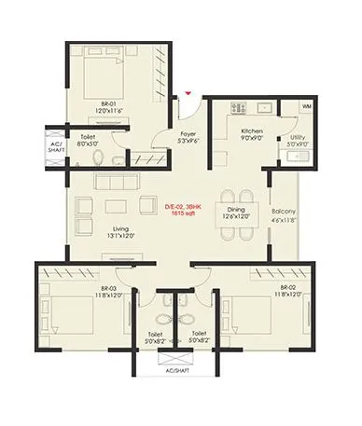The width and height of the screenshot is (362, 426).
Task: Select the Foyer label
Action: tap(188, 133)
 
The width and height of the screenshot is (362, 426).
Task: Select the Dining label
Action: tap(235, 210)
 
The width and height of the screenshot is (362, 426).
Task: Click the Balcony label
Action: tap(285, 211)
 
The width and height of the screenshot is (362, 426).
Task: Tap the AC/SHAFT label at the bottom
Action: tap(177, 369)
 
